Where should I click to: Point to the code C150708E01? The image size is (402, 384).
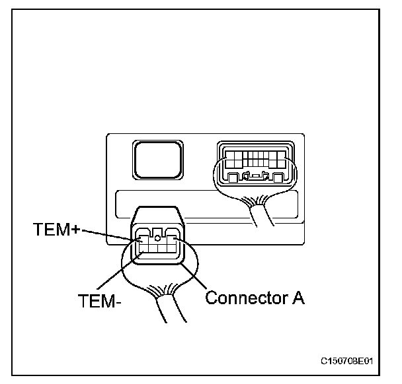coord(346,362)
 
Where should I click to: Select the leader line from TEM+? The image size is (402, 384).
coord(112,236)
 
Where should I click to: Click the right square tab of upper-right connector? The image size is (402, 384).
coord(278,177)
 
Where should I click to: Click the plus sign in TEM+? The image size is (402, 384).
coord(76,230)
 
